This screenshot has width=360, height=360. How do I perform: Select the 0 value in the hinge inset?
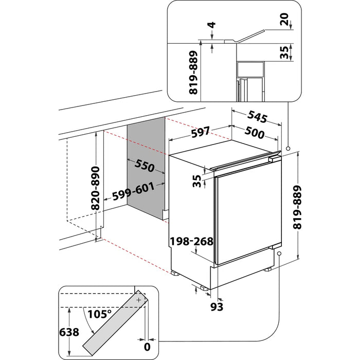[x=147, y=347]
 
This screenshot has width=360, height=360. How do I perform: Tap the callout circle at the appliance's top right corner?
[x=288, y=148]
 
